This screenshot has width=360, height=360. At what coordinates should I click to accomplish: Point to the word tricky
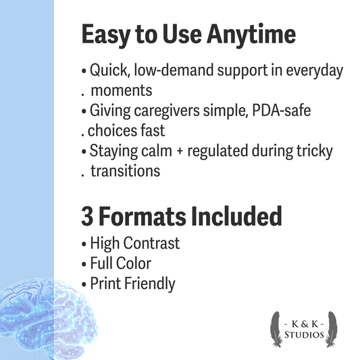click(315, 151)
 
